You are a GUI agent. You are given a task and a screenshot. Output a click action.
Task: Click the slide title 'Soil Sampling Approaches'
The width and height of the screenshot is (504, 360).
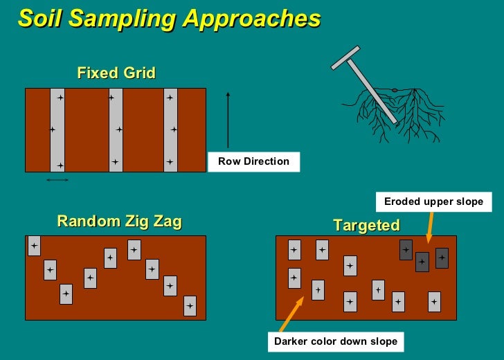point(169,19)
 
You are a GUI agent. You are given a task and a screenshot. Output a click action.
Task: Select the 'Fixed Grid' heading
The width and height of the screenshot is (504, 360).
point(116,73)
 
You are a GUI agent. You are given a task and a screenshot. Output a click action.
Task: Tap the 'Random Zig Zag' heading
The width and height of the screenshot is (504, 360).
point(119,222)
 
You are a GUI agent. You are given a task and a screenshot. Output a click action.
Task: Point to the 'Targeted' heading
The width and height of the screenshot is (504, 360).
point(366,226)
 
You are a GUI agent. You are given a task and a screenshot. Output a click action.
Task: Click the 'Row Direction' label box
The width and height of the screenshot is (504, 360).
point(253,161)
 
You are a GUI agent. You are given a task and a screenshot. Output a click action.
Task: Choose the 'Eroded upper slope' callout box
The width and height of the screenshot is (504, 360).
point(434,201)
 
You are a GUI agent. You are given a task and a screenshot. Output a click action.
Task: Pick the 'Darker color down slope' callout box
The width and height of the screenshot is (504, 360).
point(336,341)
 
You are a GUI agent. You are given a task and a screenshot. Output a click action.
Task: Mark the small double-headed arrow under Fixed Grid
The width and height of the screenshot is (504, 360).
point(57,180)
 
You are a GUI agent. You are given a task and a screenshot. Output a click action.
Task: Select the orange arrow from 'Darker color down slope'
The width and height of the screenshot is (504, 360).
point(291,314)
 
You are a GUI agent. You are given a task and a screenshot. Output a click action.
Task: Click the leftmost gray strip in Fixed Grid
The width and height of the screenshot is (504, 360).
point(57,129)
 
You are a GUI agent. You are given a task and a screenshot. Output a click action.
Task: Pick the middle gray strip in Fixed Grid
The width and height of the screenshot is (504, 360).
point(116,129)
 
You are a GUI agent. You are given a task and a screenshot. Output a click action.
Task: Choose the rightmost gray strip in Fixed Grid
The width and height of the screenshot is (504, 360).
point(170,129)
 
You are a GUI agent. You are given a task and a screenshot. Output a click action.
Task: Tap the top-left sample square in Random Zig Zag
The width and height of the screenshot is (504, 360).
point(34,246)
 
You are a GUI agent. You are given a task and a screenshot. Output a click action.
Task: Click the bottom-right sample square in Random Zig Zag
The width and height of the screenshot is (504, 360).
point(190,305)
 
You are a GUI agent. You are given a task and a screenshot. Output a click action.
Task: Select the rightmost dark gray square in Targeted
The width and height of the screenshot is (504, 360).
point(442,258)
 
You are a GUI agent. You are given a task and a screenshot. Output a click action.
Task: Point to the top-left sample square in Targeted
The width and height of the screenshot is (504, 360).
point(294,250)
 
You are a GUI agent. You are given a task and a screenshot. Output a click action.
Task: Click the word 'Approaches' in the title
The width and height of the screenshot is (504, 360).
point(252,19)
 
